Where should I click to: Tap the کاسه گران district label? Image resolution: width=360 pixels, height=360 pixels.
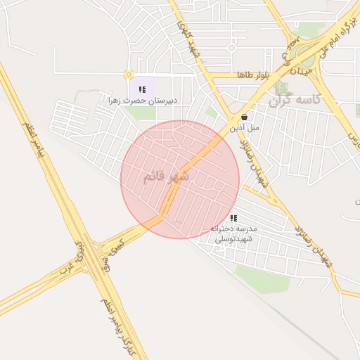point(295,101)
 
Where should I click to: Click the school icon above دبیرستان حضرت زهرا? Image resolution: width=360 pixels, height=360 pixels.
point(143,89)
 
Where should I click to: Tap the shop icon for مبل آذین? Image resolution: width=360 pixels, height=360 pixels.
point(244,117)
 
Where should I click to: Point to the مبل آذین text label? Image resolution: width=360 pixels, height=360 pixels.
point(245,128)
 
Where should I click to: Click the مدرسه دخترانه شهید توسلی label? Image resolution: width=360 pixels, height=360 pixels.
point(235,234)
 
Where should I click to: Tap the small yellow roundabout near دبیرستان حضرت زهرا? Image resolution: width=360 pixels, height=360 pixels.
point(128,74)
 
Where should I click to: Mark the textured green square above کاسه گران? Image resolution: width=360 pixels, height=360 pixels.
point(282,88)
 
